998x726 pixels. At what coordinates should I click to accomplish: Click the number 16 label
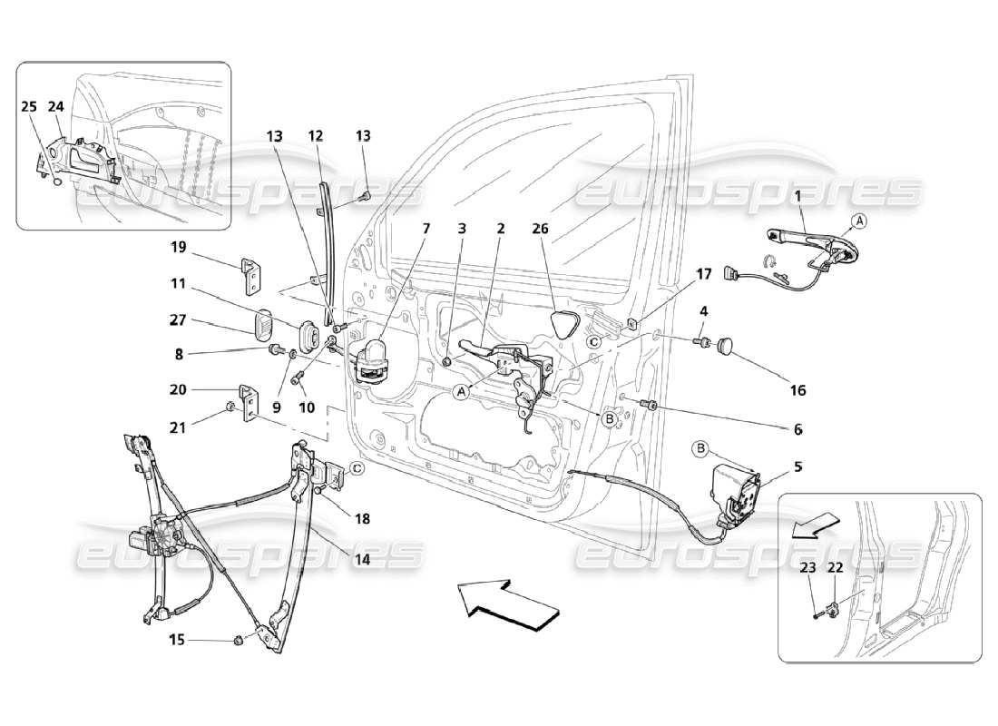[x=797, y=391]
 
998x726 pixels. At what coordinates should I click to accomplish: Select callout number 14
[x=361, y=559]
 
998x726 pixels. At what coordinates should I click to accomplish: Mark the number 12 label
[x=315, y=136]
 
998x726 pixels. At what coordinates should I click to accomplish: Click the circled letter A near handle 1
[x=858, y=221]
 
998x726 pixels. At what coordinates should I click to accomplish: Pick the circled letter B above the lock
[x=701, y=447]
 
